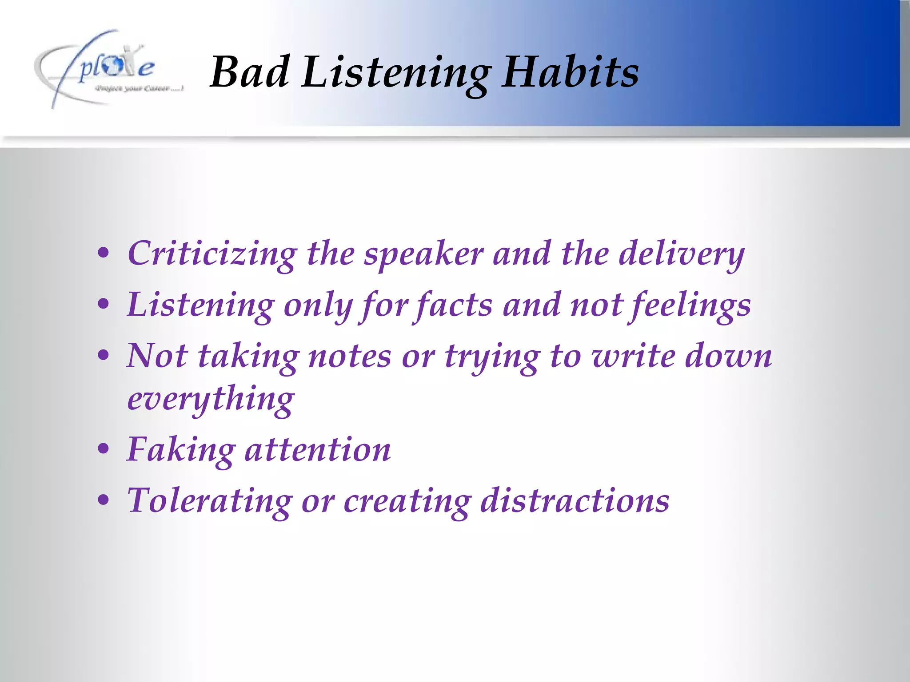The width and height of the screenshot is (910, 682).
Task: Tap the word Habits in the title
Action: (x=571, y=72)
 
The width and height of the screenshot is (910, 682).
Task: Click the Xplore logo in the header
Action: (x=109, y=69)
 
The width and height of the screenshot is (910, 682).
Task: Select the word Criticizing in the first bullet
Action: (x=212, y=254)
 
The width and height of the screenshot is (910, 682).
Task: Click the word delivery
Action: (x=682, y=254)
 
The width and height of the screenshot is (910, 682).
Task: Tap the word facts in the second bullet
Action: (x=454, y=305)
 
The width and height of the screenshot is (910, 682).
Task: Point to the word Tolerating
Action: (x=209, y=501)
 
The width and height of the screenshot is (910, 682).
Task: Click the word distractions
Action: (x=575, y=501)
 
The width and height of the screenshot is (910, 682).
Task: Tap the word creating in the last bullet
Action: (x=407, y=501)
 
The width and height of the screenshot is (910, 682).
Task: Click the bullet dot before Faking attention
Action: (x=104, y=449)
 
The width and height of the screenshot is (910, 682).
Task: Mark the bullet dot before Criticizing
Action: (x=104, y=253)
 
